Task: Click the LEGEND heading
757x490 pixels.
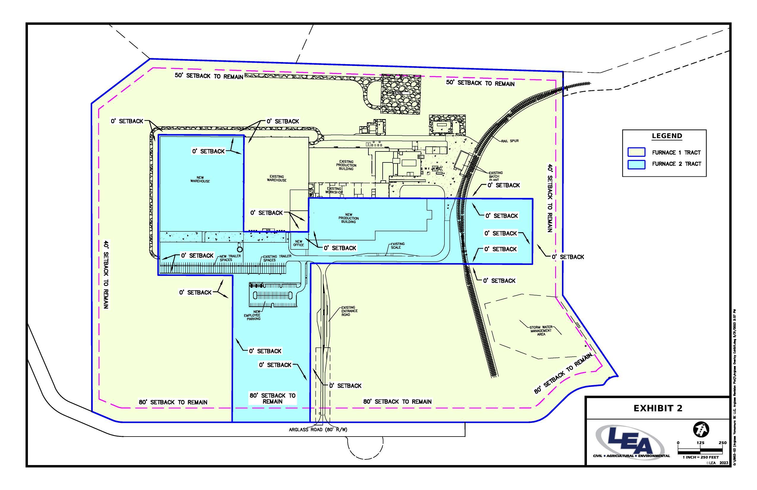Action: click(667, 136)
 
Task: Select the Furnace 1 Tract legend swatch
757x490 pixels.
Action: click(636, 152)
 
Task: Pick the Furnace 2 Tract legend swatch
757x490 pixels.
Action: click(636, 164)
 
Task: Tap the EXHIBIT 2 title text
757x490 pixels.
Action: click(658, 408)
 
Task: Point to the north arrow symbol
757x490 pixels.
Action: click(701, 429)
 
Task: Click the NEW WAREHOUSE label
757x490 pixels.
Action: click(200, 179)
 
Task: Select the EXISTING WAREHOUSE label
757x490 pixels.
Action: click(276, 178)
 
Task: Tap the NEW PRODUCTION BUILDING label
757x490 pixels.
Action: click(348, 218)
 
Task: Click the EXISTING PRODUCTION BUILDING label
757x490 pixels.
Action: click(346, 165)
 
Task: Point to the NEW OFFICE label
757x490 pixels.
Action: click(298, 244)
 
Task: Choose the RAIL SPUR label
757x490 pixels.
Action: click(510, 141)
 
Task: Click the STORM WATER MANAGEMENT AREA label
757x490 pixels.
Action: click(541, 331)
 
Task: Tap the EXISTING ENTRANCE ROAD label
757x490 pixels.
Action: click(349, 311)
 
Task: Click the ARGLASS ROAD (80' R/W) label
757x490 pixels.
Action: click(318, 429)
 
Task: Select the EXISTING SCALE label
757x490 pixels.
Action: click(396, 246)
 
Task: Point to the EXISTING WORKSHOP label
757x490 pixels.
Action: click(334, 191)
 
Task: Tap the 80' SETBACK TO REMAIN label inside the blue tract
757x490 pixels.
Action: click(272, 398)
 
